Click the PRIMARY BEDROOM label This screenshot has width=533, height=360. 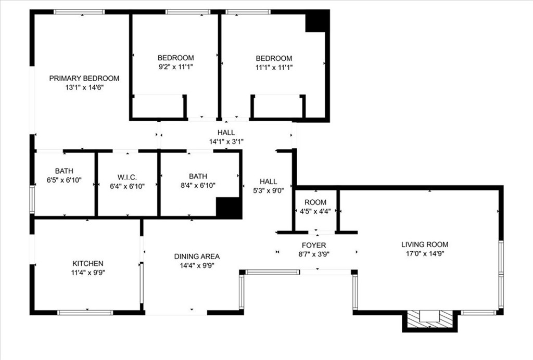click(84, 79)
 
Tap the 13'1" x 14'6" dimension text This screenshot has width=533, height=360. click(84, 88)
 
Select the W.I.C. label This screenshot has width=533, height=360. click(127, 177)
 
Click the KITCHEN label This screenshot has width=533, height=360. click(87, 264)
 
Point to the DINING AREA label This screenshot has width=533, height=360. click(197, 256)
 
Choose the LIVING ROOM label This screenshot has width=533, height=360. click(425, 245)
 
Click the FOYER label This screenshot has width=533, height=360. click(314, 246)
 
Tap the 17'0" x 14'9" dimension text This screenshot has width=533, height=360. click(425, 254)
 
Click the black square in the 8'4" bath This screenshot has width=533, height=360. click(229, 208)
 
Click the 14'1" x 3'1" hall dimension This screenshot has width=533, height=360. click(226, 141)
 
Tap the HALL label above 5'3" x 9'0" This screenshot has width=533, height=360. click(268, 182)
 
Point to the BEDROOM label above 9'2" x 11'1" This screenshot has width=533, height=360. click(176, 58)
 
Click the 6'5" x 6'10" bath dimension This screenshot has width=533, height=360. click(64, 185)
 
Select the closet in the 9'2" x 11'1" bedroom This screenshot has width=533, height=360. click(158, 107)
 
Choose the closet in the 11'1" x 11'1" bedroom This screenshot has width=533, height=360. click(277, 107)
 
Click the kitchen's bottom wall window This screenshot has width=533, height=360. click(85, 313)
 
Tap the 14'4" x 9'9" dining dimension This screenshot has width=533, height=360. click(197, 265)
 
